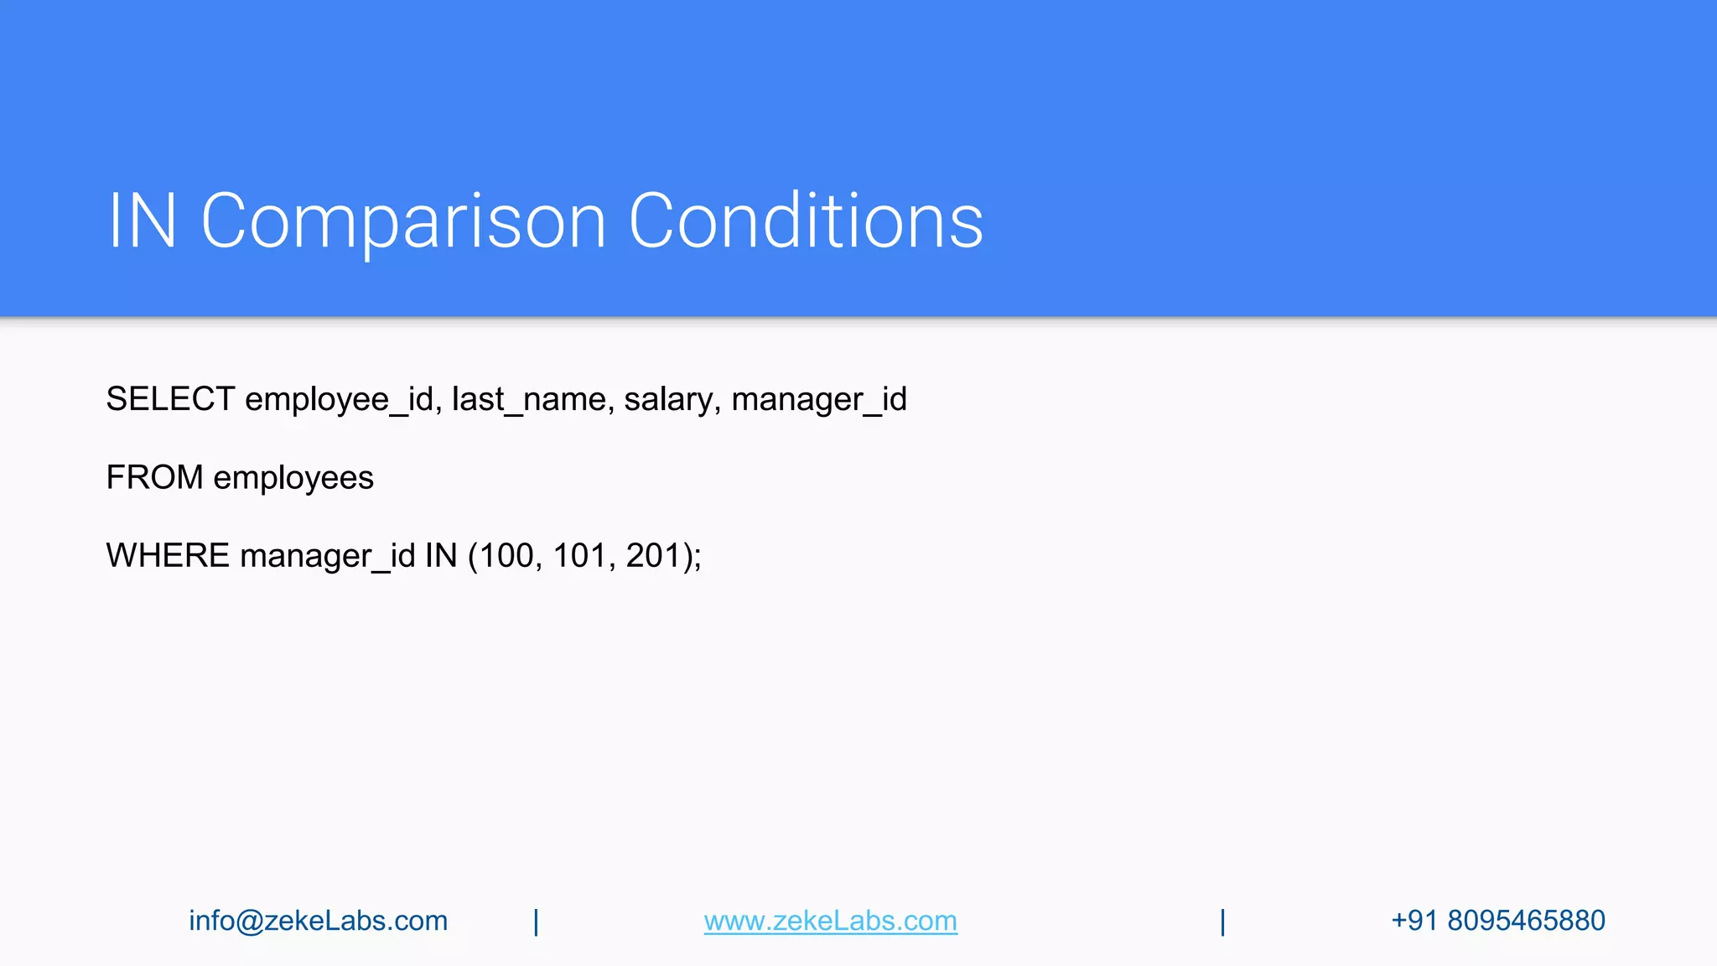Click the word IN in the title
pos(143,221)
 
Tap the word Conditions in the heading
pos(806,221)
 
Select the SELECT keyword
pos(170,399)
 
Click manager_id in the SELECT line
pos(819,400)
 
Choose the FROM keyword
pos(154,478)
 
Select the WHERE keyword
pos(168,556)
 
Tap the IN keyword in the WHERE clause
pos(441,556)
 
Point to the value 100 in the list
pos(506,556)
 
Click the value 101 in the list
pos(578,556)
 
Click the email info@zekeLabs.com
pos(318,921)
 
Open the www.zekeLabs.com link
pos(830,921)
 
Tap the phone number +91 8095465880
pos(1497,921)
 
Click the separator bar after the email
pos(536,922)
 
